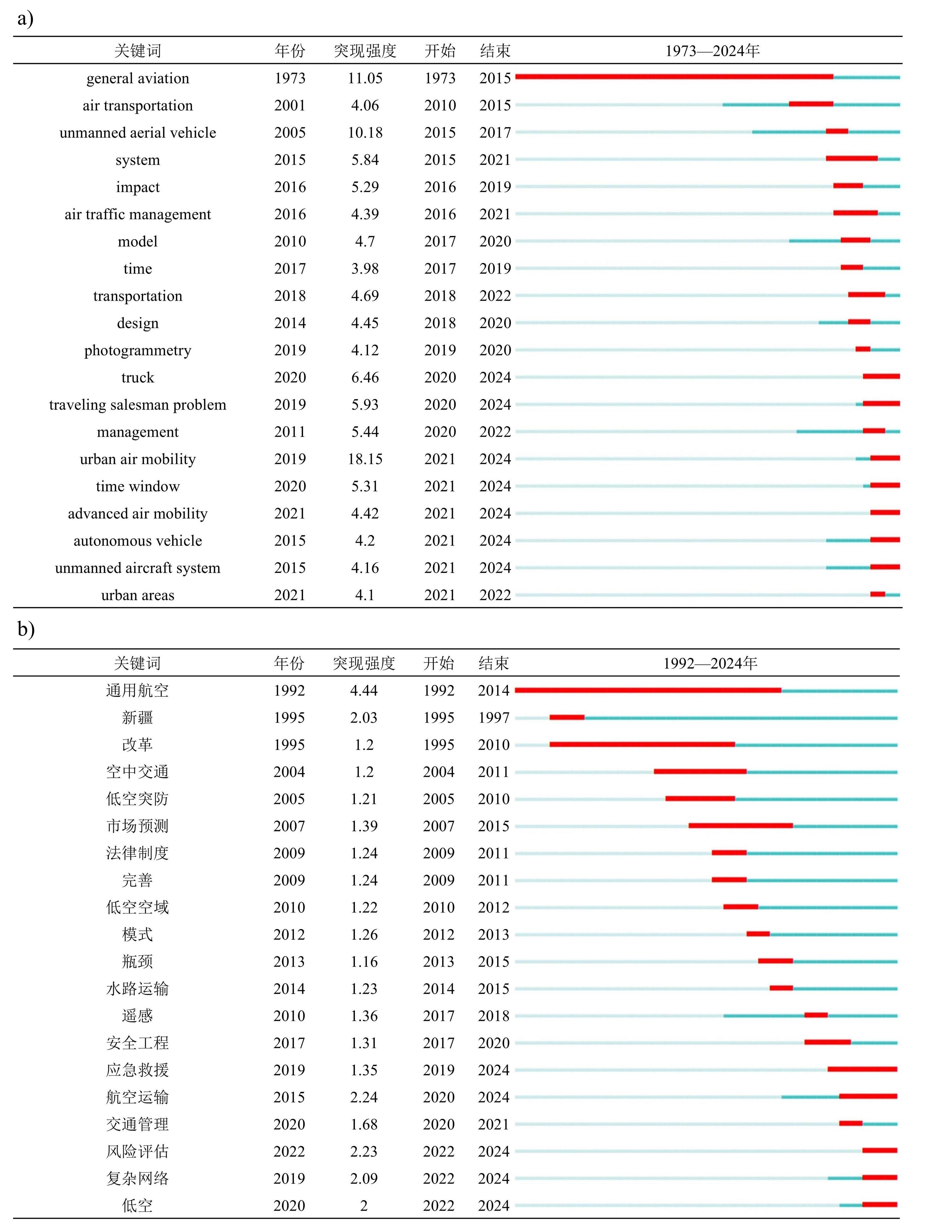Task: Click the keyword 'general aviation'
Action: tap(138, 78)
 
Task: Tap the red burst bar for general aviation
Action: tap(674, 76)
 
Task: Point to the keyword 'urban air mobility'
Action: tap(138, 459)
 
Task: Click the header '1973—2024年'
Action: tap(713, 51)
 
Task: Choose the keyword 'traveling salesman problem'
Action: tap(138, 405)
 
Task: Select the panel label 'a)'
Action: tap(26, 19)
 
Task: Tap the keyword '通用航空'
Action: tap(137, 691)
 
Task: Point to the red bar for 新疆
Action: tap(567, 717)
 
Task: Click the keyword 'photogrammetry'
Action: tap(138, 350)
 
